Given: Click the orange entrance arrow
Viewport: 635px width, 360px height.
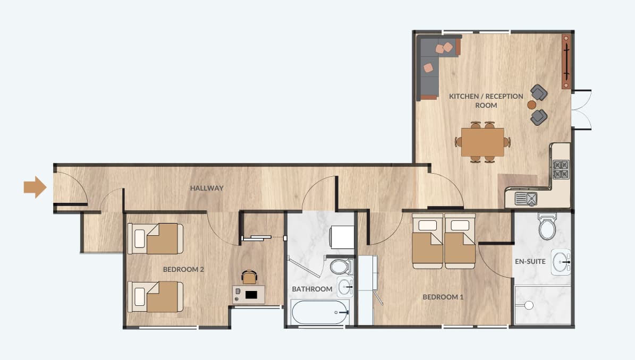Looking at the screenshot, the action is coord(35,187).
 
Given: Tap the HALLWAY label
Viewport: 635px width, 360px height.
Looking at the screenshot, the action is coord(207,188).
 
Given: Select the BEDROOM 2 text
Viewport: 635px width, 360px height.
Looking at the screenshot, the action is coord(183,269).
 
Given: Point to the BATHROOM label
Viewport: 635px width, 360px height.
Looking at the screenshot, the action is coord(312,289).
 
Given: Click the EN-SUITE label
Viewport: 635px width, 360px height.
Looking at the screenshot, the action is coord(530,261).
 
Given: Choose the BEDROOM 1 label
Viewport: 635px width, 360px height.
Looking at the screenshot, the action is coord(443,297).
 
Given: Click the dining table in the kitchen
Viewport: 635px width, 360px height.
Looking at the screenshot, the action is coord(482,142).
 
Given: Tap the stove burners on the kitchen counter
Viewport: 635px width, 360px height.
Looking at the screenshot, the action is coord(561,169).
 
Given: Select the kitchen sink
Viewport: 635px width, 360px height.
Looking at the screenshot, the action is coord(526,199).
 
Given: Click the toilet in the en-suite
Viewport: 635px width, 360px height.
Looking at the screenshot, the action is coord(547,226).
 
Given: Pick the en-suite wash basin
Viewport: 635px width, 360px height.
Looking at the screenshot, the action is coord(561,262).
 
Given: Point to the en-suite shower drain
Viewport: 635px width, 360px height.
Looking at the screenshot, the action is coord(529,305).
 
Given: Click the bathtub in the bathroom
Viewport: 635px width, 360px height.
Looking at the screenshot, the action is coord(320,312).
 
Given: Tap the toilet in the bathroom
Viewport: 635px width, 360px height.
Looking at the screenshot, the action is coord(341,267).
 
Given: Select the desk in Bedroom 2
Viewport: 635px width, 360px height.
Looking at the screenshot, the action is coord(249,295).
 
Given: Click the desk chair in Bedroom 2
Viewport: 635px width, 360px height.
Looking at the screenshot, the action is coord(249,277).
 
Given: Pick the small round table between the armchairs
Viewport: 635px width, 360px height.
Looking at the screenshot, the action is coord(532,105).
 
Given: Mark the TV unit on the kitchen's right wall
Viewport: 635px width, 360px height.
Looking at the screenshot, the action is coord(566,62).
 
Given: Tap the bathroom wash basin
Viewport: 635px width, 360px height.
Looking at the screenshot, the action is coord(345,287).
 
